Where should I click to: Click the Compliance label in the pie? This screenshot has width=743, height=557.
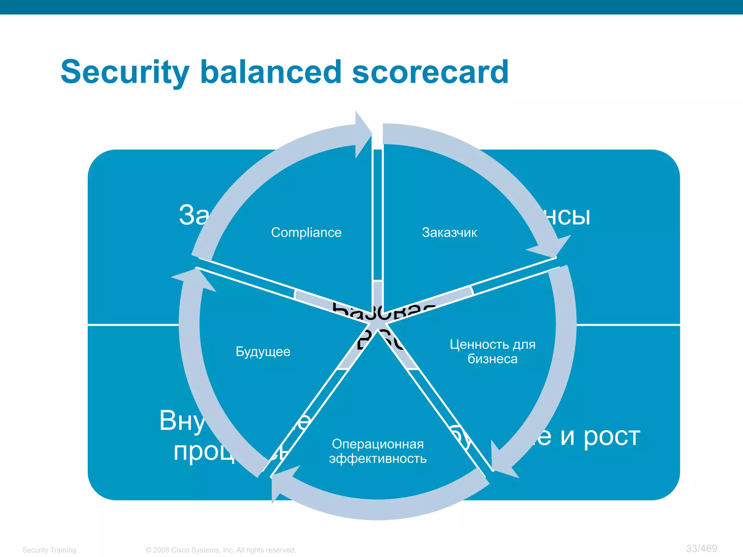coord(306,232)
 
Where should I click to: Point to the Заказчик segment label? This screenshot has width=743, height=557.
coord(449,232)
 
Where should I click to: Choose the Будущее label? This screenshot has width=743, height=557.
coord(263,351)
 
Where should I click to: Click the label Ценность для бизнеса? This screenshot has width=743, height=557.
coord(492,351)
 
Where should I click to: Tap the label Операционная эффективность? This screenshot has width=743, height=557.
coord(378,451)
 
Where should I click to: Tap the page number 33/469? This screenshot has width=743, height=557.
coord(701,548)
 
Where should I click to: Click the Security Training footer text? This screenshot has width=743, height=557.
coord(49,550)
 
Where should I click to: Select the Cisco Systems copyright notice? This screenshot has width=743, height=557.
coord(221,550)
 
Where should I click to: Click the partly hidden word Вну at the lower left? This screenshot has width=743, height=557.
coord(181,421)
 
